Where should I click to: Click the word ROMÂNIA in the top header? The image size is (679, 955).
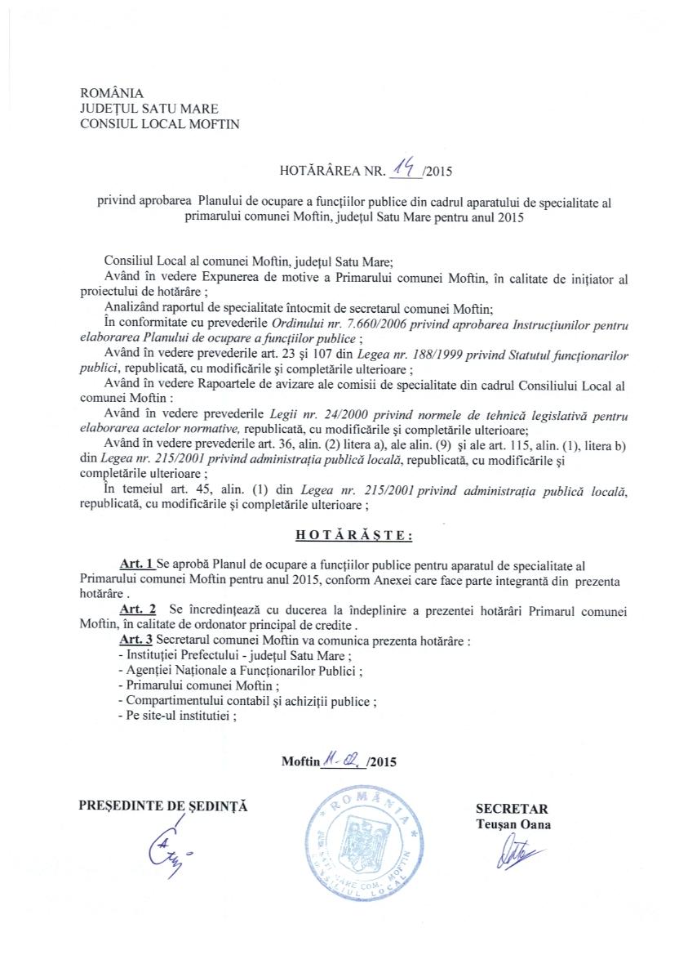(x=111, y=92)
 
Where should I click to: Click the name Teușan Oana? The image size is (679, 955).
(x=513, y=823)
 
